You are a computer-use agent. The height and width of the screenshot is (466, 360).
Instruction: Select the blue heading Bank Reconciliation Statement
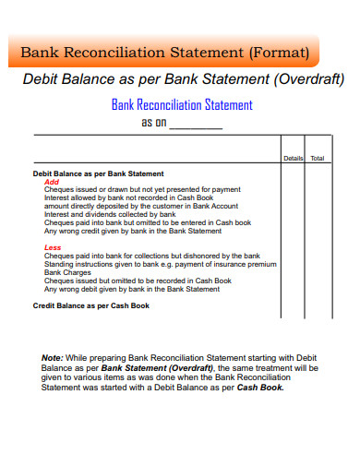click(x=182, y=104)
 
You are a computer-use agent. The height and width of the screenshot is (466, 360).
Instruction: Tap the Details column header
click(x=293, y=158)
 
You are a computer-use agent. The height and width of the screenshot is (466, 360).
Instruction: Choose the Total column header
click(x=318, y=158)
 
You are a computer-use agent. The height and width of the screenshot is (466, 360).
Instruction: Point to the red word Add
click(x=52, y=182)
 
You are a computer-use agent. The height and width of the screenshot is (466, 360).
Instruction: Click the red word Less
click(x=53, y=248)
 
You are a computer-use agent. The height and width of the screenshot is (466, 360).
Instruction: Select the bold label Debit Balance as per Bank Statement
click(x=98, y=173)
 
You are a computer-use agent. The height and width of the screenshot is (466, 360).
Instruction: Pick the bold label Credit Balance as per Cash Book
click(x=90, y=305)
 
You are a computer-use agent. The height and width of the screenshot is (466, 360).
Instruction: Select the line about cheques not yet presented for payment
click(x=142, y=189)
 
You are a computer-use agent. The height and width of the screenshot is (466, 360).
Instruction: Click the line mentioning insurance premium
click(x=160, y=264)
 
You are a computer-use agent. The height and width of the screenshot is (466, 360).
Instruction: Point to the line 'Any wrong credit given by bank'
click(x=133, y=231)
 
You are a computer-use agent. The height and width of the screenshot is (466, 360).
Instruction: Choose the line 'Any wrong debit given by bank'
click(x=132, y=289)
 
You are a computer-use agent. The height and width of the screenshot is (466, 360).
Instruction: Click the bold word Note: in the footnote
click(x=53, y=357)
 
